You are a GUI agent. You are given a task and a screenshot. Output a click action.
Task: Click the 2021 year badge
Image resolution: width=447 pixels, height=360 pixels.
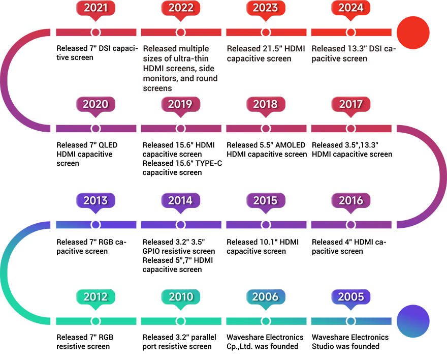(x=95, y=9)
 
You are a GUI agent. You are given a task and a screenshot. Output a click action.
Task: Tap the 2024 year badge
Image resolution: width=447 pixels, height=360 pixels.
(x=350, y=9)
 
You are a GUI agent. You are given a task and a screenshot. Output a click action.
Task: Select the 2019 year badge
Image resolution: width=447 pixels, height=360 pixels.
(x=180, y=105)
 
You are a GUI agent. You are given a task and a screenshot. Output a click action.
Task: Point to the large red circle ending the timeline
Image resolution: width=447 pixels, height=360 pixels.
(x=413, y=33)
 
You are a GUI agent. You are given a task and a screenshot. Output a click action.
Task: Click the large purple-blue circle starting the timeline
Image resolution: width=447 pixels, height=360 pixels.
(x=413, y=321)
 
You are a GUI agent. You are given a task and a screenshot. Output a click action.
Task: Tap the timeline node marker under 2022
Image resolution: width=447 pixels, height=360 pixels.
(x=180, y=32)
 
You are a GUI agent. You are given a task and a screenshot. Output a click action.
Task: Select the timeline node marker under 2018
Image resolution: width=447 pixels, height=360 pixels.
(x=266, y=129)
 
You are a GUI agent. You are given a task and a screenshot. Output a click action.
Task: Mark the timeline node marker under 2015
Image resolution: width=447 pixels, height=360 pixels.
(x=266, y=225)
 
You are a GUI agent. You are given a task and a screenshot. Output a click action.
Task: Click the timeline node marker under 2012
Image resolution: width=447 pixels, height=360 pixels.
(x=95, y=321)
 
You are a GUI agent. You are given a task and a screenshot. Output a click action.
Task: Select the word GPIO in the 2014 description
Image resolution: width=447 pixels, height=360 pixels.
(x=150, y=251)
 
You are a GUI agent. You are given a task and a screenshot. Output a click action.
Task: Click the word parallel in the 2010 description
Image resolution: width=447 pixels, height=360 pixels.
(x=204, y=338)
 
